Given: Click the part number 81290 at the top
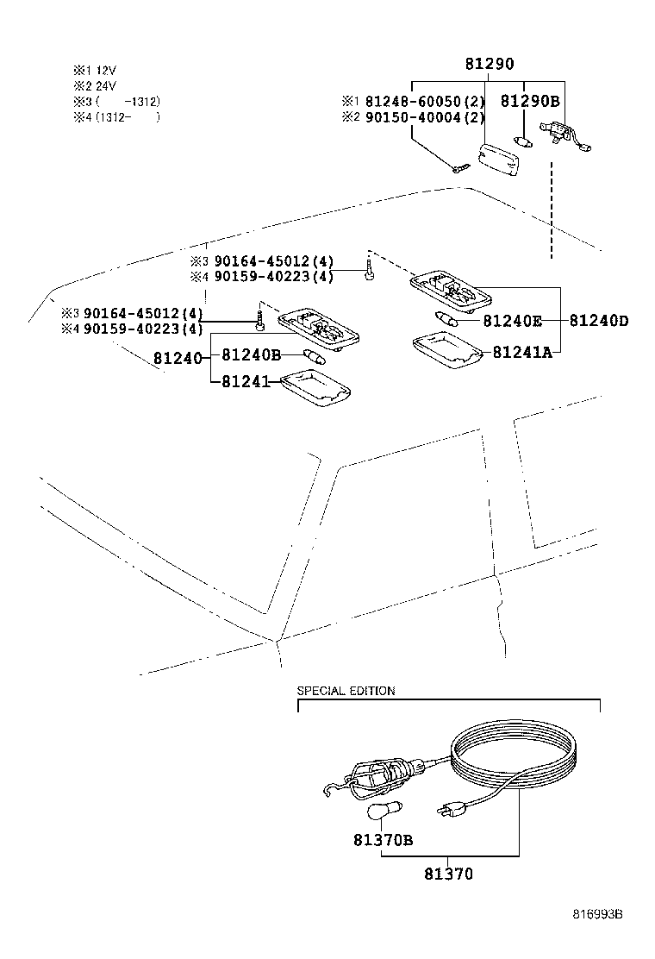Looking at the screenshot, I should (490, 65).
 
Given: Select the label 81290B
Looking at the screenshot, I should (530, 101).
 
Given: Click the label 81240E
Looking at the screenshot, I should (512, 321).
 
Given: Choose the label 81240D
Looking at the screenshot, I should (598, 321).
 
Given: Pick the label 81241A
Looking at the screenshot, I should (521, 352).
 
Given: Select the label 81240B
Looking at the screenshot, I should (252, 354).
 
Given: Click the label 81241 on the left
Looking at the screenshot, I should (246, 380).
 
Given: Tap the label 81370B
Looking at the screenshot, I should (383, 839).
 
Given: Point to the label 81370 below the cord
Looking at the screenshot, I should (447, 874).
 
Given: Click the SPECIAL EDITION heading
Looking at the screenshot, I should (346, 691).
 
